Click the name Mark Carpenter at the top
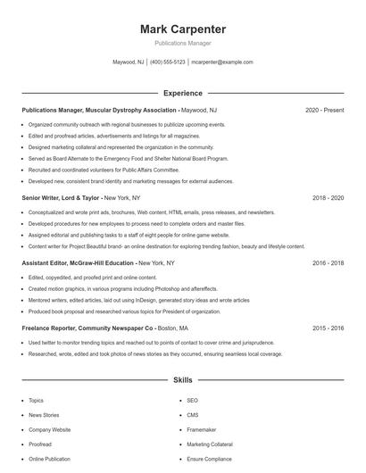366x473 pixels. (x=182, y=29)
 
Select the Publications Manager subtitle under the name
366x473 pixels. (x=182, y=43)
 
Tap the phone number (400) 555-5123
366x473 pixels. (x=168, y=62)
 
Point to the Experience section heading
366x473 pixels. (x=182, y=93)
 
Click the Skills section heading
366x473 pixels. (x=182, y=380)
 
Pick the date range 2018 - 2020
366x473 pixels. (x=328, y=197)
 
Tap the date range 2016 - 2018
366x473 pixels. (x=328, y=263)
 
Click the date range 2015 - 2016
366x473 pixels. (x=328, y=328)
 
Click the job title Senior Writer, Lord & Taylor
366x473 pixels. (x=61, y=197)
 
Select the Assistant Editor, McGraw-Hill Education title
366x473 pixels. (x=78, y=263)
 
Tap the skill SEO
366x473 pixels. (x=192, y=401)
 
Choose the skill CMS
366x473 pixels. (x=193, y=415)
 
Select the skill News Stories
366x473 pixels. (x=44, y=415)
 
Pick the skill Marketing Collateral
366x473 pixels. (x=210, y=444)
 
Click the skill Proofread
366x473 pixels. (x=40, y=444)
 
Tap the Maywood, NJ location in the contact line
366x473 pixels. (x=127, y=62)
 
